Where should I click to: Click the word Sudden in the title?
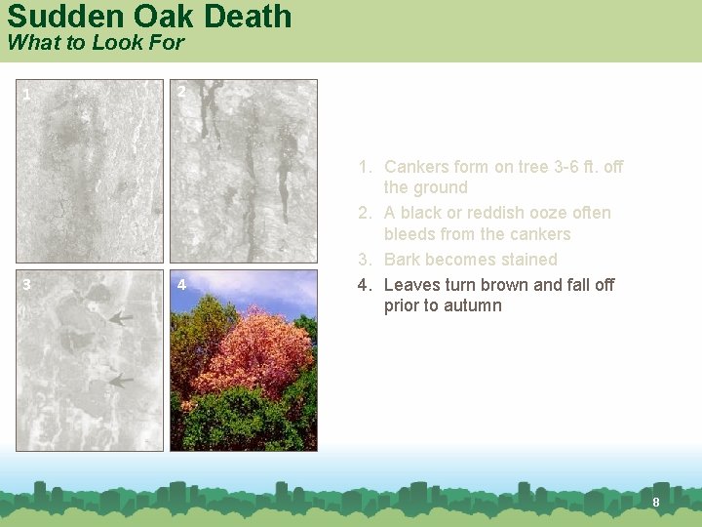59,17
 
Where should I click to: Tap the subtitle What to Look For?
96,43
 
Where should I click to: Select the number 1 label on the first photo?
26,95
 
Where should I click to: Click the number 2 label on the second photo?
181,92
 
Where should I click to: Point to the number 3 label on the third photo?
26,284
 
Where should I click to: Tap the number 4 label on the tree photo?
181,286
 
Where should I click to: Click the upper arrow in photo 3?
121,318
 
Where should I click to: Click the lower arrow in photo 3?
121,381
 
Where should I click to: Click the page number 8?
656,502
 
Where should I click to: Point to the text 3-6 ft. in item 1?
575,167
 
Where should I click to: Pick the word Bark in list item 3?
403,260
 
